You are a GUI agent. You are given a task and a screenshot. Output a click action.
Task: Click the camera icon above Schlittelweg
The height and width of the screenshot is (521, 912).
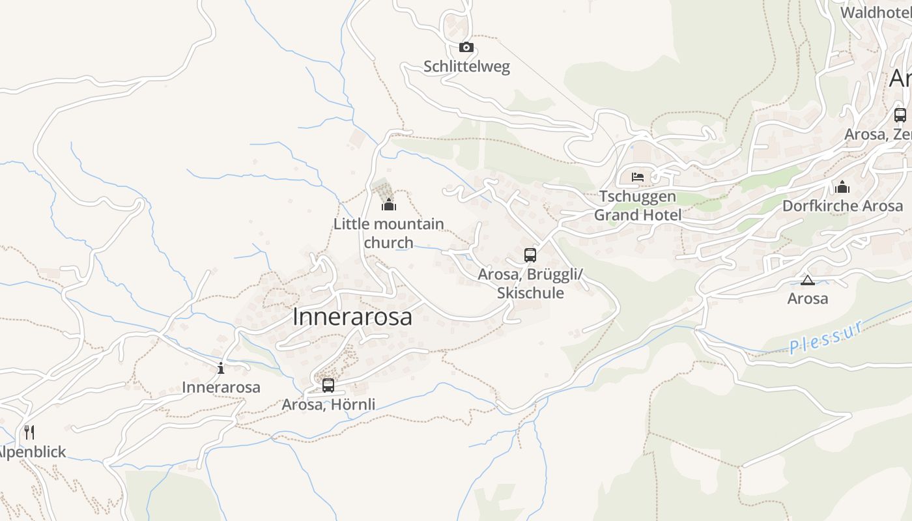[x=466, y=47]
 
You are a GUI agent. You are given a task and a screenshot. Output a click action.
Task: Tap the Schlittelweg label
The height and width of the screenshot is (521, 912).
[x=466, y=66]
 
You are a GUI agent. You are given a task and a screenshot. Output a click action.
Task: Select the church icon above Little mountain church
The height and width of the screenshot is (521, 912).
[x=389, y=204]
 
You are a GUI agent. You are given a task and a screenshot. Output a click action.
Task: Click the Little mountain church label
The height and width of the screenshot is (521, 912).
[x=389, y=233]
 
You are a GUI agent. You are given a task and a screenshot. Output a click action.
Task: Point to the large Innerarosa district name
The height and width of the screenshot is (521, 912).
[x=352, y=317]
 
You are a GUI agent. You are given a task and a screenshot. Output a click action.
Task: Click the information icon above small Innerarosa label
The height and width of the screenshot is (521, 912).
[x=221, y=368]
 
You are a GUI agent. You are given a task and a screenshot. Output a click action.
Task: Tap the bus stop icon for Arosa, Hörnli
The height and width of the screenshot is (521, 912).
[x=328, y=385]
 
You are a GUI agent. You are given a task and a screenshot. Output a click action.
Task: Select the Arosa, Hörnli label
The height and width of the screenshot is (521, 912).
[x=328, y=404]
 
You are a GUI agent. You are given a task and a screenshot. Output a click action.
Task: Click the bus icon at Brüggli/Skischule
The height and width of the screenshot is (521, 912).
[x=530, y=255]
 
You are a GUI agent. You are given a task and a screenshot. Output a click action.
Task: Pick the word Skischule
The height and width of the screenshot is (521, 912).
[x=530, y=293]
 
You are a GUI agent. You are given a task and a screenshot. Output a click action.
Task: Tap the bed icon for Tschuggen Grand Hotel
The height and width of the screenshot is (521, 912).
[x=638, y=176]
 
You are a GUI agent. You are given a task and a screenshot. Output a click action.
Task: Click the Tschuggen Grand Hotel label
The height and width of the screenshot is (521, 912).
[x=638, y=206]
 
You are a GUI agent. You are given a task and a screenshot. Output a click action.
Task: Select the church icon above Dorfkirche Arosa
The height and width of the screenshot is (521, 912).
[x=842, y=187]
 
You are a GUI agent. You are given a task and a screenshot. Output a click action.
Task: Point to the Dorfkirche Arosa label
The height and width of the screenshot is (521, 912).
[x=842, y=206]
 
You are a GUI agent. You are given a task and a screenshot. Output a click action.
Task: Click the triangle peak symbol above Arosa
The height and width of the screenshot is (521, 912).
[x=808, y=280]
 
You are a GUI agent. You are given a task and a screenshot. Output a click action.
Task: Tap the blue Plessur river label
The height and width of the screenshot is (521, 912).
[x=826, y=337]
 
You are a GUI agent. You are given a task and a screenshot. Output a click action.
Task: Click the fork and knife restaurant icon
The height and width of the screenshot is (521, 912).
[x=29, y=432]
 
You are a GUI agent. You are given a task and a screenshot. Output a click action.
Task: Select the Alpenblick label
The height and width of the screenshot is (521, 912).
[x=31, y=452]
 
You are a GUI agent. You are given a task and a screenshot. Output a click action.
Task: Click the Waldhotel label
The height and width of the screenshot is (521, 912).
[x=875, y=12]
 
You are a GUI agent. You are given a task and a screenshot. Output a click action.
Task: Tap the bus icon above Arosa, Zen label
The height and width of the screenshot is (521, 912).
[x=900, y=115]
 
